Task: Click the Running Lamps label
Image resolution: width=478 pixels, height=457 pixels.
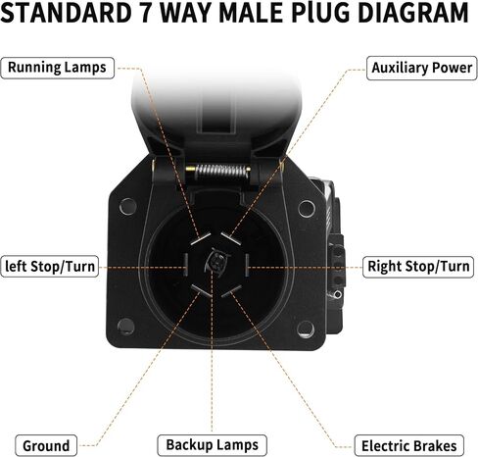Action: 58,68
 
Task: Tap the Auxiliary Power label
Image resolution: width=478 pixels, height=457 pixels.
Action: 422,68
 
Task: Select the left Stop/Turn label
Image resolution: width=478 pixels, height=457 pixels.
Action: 50,267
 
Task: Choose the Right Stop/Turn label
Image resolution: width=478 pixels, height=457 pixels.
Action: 418,267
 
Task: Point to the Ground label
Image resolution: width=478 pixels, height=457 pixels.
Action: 46,445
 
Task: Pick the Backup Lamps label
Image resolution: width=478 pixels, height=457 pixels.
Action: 212,445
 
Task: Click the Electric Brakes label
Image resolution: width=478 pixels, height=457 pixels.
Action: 408,445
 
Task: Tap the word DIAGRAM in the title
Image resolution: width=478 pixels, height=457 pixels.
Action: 413,13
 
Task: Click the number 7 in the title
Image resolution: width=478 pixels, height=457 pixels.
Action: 147,13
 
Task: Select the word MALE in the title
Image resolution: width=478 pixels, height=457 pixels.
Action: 251,13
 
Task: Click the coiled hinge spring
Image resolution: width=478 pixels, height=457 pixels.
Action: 221,171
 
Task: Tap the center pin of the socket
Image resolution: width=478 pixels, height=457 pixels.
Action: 215,261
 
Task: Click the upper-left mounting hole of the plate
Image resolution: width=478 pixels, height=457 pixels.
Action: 128,206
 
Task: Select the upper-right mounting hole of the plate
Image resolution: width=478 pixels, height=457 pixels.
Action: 307,208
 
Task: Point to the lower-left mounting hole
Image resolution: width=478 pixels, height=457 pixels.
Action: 126,326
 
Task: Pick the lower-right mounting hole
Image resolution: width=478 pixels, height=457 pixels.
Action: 306,330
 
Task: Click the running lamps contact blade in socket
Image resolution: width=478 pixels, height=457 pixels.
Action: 201,238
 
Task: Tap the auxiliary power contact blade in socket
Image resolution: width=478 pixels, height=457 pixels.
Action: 231,238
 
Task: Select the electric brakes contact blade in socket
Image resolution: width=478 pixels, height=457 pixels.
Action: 231,290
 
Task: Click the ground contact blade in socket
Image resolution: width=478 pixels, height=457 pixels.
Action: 201,290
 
